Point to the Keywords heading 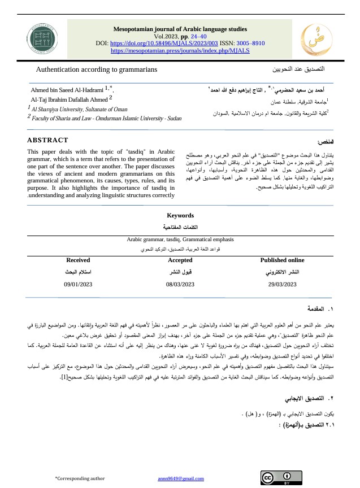click(x=180, y=215)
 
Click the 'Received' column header click(x=78, y=260)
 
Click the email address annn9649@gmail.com click(x=180, y=479)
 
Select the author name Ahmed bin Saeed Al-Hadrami click(x=67, y=89)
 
